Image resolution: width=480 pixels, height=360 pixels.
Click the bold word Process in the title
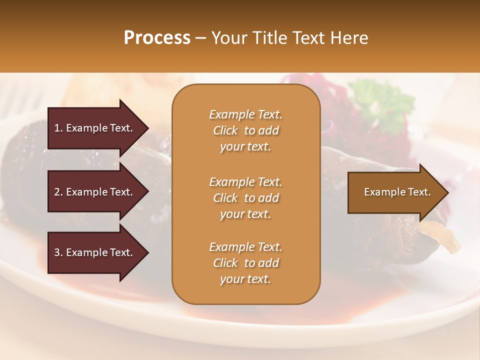(x=157, y=38)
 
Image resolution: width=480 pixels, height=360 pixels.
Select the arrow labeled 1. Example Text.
(x=95, y=128)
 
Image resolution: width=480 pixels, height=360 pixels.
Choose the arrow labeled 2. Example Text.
(x=95, y=192)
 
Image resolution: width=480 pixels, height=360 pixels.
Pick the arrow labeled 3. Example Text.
(x=95, y=252)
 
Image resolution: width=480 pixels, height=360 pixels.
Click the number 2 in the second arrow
(x=56, y=192)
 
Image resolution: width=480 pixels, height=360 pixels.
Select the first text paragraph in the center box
(x=245, y=130)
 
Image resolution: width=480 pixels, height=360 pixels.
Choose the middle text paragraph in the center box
(x=245, y=198)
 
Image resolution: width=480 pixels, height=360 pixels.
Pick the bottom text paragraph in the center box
(x=245, y=263)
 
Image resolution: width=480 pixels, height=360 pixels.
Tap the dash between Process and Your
(x=201, y=38)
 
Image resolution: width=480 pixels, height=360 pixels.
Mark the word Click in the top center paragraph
(x=225, y=130)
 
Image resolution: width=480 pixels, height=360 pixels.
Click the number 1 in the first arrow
(x=56, y=128)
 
